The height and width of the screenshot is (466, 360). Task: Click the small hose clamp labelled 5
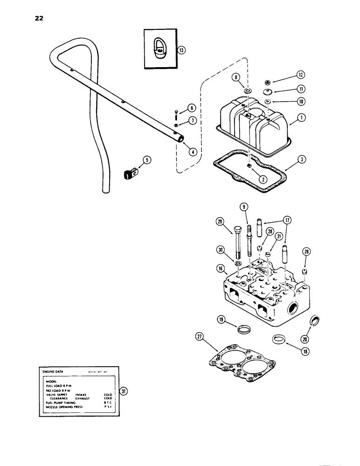pyautogui.click(x=130, y=174)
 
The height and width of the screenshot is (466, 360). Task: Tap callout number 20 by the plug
pyautogui.click(x=319, y=339)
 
